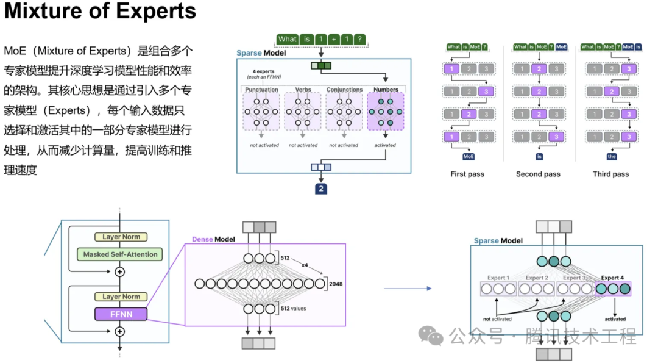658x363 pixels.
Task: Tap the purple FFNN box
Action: [x=121, y=314]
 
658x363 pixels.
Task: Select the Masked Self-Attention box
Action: [x=120, y=254]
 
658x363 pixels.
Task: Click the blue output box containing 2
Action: [x=321, y=189]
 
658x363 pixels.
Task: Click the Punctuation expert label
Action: [x=261, y=90]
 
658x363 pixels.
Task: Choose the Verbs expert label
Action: [x=303, y=90]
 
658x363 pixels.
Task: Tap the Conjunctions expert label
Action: [x=344, y=90]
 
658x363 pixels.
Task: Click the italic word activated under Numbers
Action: [x=385, y=145]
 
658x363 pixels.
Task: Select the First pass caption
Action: [x=467, y=174]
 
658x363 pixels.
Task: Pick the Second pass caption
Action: [x=538, y=174]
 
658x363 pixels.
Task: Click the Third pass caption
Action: [x=610, y=174]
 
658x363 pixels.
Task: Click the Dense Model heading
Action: [x=213, y=239]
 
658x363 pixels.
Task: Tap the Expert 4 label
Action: [x=614, y=278]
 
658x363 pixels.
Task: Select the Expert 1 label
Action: [x=498, y=278]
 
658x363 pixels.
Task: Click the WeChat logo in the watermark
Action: [x=434, y=335]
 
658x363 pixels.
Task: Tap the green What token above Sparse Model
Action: [x=288, y=40]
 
